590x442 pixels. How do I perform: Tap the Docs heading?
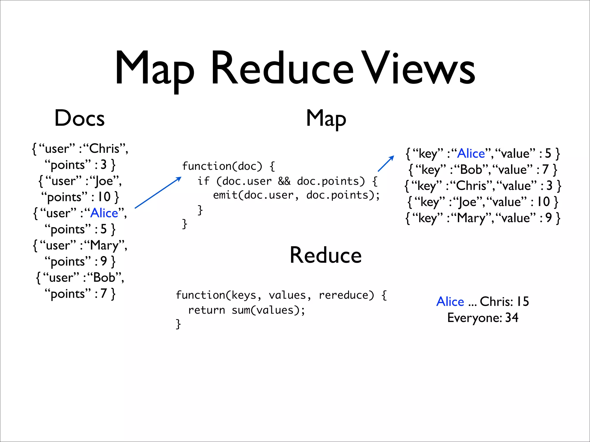[80, 118]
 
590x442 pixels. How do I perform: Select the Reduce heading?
[326, 255]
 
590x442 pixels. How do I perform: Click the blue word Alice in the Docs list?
[104, 213]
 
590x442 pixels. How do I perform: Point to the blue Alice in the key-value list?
[471, 154]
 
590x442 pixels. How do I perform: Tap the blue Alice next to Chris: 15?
[450, 302]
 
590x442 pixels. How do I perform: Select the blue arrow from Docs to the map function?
[158, 193]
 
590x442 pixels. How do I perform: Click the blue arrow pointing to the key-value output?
[386, 164]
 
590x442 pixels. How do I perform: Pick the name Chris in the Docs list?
[104, 149]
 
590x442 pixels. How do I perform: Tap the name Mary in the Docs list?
[104, 245]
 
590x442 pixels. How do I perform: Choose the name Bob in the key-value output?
[471, 170]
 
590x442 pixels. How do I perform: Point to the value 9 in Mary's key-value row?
[548, 218]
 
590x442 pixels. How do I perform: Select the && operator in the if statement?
[284, 181]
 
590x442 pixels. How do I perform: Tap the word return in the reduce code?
[206, 310]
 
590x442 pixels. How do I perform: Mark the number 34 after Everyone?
[512, 318]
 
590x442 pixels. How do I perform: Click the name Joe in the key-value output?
[467, 202]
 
